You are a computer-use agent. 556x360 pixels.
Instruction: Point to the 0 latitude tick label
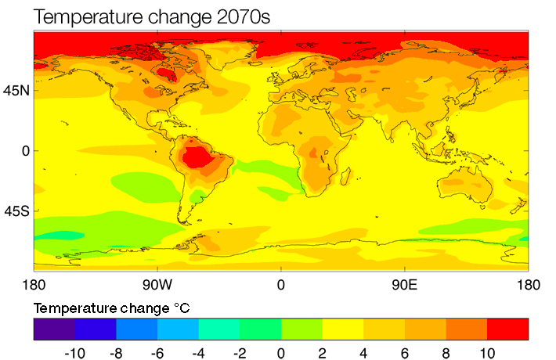pyautogui.click(x=23, y=150)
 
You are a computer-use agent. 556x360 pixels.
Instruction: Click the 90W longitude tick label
pyautogui.click(x=157, y=284)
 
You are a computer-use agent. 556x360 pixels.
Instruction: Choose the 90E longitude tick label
pyautogui.click(x=404, y=284)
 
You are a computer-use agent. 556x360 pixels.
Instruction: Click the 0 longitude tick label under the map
pyautogui.click(x=280, y=284)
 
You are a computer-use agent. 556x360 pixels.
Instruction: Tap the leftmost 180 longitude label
pyautogui.click(x=34, y=284)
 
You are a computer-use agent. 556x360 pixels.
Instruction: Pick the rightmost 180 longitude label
pyautogui.click(x=529, y=284)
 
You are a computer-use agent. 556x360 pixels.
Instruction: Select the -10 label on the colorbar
pyautogui.click(x=74, y=353)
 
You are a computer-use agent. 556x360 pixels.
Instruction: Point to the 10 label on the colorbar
pyautogui.click(x=486, y=353)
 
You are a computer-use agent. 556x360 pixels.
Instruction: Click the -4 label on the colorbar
pyautogui.click(x=198, y=353)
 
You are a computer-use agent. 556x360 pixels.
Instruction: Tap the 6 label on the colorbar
pyautogui.click(x=405, y=353)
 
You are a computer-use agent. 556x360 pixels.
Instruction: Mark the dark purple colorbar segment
pyautogui.click(x=54, y=329)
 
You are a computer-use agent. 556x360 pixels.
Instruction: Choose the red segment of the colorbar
pyautogui.click(x=507, y=329)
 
